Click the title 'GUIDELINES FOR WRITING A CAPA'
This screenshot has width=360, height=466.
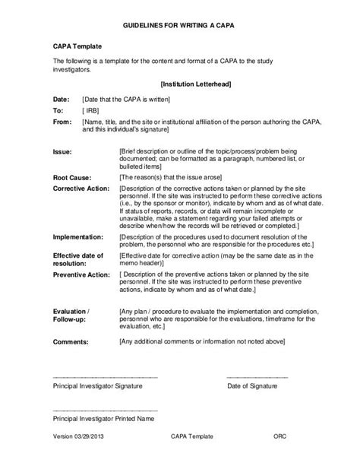click(x=179, y=24)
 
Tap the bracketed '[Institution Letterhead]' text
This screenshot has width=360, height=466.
click(x=197, y=83)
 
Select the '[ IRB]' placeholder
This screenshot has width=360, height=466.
click(x=90, y=110)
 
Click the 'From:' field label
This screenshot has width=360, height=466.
click(x=63, y=121)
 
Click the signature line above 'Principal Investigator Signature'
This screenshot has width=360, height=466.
click(x=105, y=376)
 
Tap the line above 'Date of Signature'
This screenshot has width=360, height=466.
click(x=257, y=376)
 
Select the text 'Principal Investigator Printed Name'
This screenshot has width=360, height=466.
click(x=104, y=418)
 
